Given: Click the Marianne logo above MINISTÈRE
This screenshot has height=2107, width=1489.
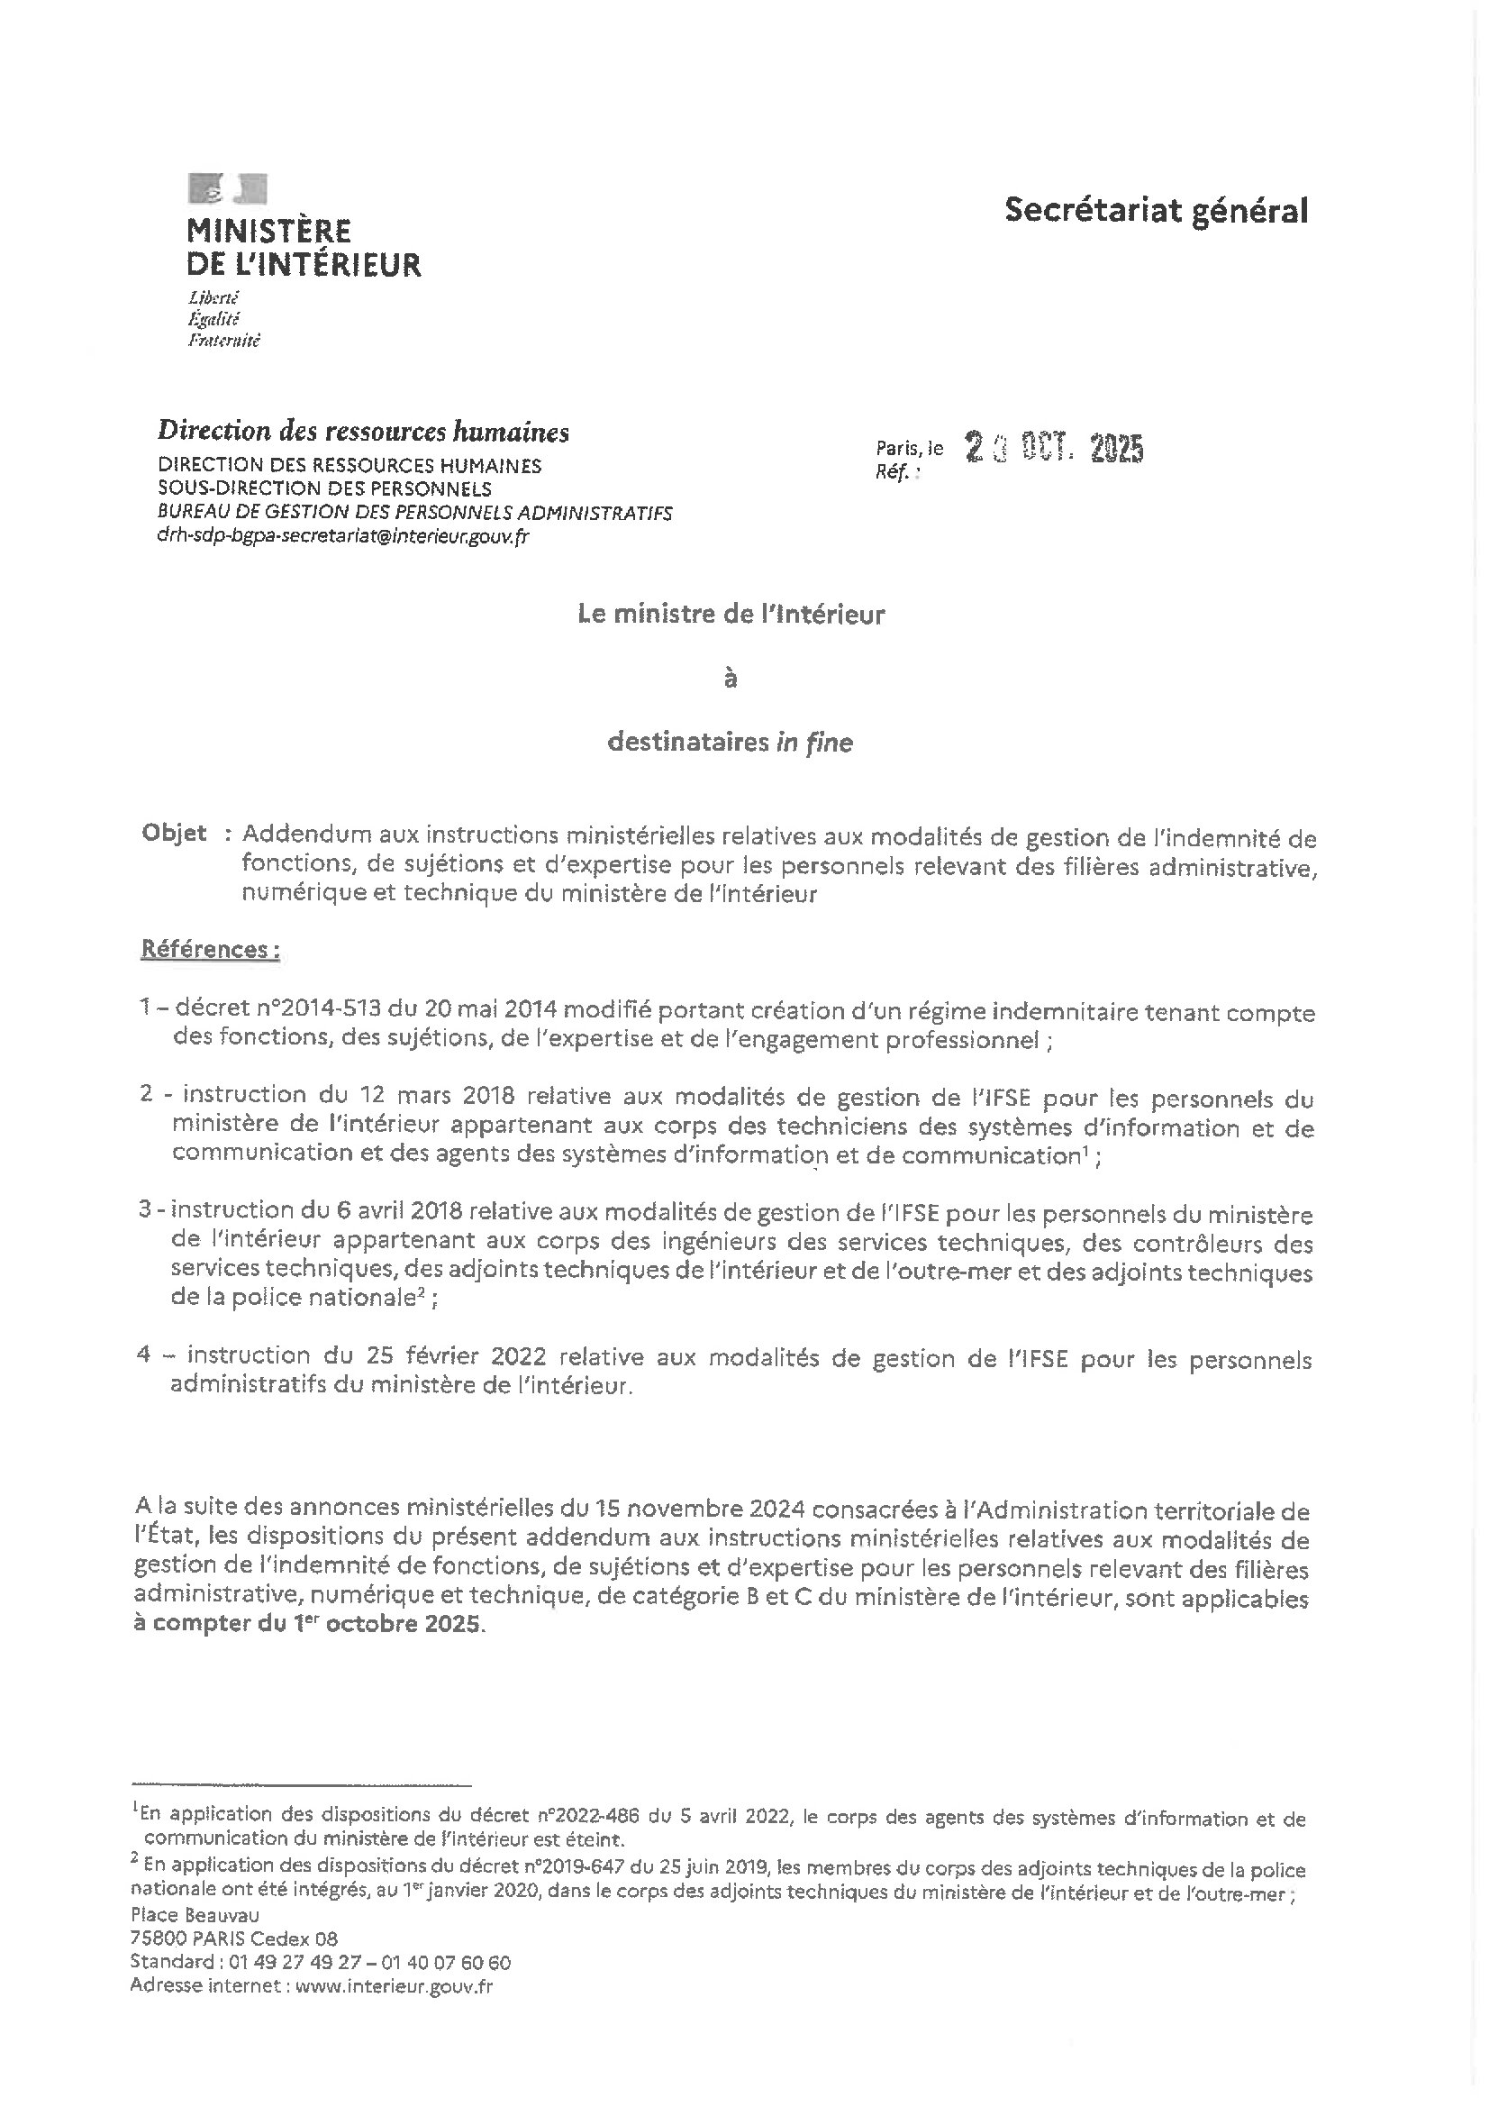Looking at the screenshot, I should (228, 188).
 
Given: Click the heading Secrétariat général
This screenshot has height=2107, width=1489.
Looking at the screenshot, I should (1155, 211).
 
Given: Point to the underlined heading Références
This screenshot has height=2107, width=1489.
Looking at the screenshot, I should (209, 950).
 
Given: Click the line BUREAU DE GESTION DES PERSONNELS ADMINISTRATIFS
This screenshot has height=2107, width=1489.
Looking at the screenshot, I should (414, 513).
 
